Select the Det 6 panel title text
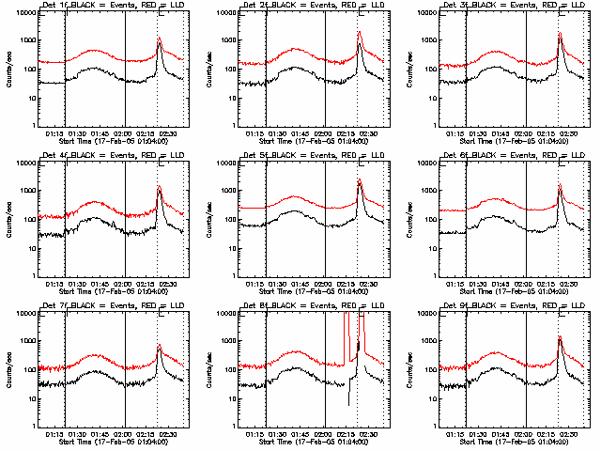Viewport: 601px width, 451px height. click(x=515, y=157)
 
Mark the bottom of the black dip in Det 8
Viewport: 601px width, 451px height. click(x=348, y=405)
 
